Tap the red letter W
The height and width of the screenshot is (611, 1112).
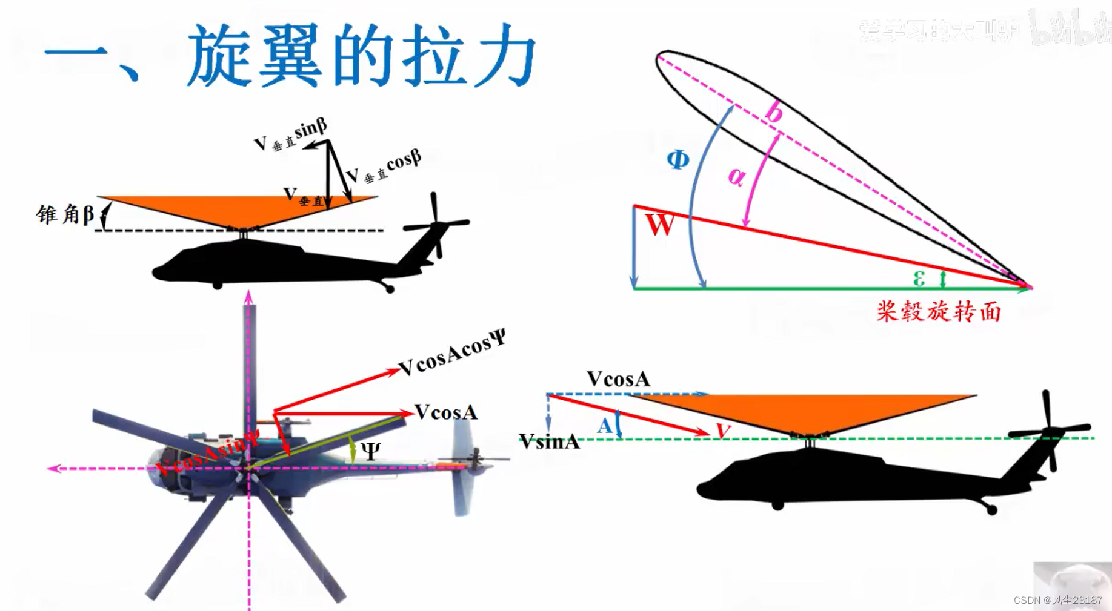[659, 225]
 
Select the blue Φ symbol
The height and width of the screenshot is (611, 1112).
[678, 160]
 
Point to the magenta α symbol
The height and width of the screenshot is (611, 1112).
[736, 176]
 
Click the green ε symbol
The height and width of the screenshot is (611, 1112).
[919, 278]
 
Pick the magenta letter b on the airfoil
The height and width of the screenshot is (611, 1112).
[773, 113]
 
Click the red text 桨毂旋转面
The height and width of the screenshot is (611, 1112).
[938, 311]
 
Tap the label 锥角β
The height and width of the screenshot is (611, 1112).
[65, 214]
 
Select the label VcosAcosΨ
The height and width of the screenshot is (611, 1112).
[452, 352]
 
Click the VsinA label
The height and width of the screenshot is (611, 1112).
[549, 441]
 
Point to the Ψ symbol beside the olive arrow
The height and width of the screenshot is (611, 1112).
[370, 451]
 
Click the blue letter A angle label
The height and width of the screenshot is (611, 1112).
[604, 426]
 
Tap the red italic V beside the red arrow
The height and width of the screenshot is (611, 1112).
[723, 431]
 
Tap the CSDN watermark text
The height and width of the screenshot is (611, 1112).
[1057, 600]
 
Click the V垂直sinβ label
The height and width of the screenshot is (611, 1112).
[290, 136]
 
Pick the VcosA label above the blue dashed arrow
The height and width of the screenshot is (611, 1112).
[618, 379]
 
